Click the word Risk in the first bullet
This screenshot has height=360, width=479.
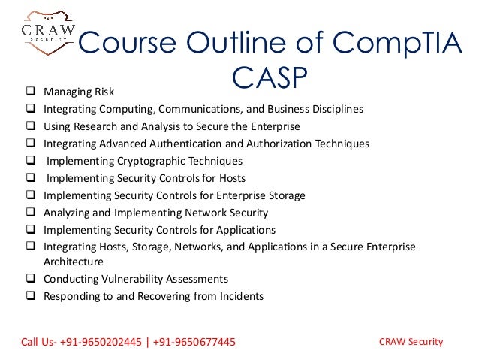(x=102, y=92)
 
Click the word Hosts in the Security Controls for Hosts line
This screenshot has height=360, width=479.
(x=230, y=178)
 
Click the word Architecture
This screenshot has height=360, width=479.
(x=74, y=262)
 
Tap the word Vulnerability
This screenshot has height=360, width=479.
(x=129, y=279)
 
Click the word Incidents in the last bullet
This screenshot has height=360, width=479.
(x=239, y=296)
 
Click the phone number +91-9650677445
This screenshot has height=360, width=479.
(x=194, y=343)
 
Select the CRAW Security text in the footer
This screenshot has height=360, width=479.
(x=412, y=342)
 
